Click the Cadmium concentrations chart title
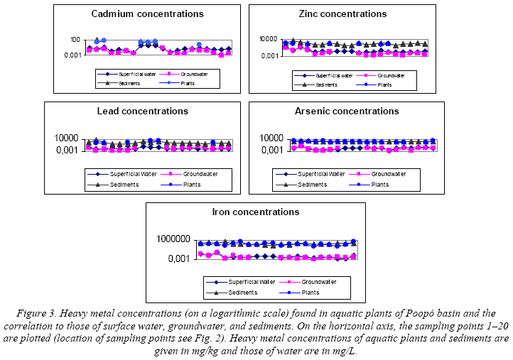[147, 13]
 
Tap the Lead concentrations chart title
[143, 111]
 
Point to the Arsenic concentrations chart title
[347, 111]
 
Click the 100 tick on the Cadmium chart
[75, 39]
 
